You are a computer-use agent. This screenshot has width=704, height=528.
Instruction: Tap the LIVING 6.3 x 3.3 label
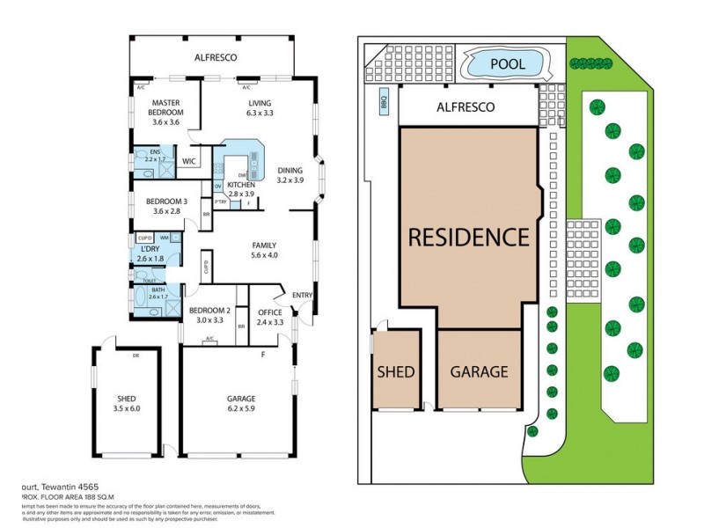pyautogui.click(x=260, y=107)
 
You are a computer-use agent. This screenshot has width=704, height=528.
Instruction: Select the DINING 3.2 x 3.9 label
pyautogui.click(x=290, y=174)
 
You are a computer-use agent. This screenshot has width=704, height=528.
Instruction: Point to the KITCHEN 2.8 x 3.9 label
pyautogui.click(x=241, y=190)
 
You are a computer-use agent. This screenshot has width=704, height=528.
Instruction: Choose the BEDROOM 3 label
pyautogui.click(x=165, y=206)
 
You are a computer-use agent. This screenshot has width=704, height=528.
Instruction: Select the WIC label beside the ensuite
pyautogui.click(x=188, y=162)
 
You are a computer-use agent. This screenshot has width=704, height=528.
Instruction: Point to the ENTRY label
pyautogui.click(x=302, y=296)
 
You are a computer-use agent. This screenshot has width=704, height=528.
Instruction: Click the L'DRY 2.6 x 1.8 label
pyautogui.click(x=150, y=253)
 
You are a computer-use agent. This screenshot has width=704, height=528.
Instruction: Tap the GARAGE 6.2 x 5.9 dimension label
pyautogui.click(x=235, y=403)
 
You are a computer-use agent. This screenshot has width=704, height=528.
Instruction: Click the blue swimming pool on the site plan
pyautogui.click(x=508, y=64)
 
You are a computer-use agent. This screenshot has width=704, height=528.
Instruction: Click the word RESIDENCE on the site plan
pyautogui.click(x=467, y=237)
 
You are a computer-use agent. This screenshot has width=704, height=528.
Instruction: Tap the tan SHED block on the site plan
pyautogui.click(x=395, y=371)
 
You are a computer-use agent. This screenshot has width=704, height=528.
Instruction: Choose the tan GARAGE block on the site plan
pyautogui.click(x=479, y=371)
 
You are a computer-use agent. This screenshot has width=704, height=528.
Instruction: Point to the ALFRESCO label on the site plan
pyautogui.click(x=466, y=107)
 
